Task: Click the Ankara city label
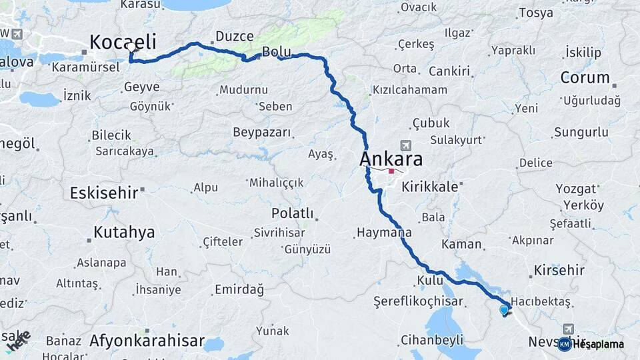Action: click(x=391, y=159)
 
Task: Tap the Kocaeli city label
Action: click(x=123, y=42)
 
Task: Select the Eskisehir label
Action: click(x=103, y=193)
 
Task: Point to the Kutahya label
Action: click(x=124, y=233)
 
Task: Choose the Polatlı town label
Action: click(x=292, y=213)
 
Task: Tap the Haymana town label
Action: click(x=383, y=233)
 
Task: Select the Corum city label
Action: click(x=585, y=77)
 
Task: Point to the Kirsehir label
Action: click(x=559, y=270)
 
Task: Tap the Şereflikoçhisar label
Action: click(x=418, y=301)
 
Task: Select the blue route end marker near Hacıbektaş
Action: click(x=504, y=309)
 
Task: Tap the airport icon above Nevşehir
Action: click(x=568, y=329)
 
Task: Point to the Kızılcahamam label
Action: click(x=409, y=90)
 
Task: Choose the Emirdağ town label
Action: click(x=239, y=289)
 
